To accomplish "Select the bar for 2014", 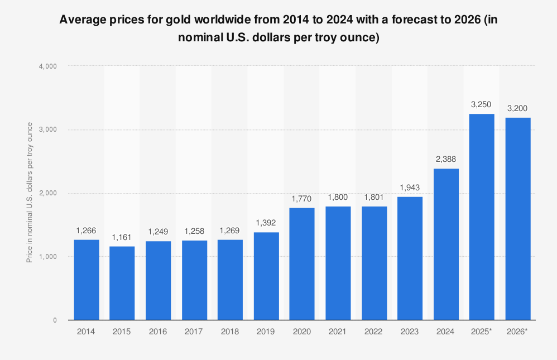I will (x=87, y=280).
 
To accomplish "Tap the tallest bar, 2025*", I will (x=482, y=217).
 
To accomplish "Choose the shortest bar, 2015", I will (x=122, y=283).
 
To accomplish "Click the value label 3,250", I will (x=482, y=105).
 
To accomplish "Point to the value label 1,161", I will (x=122, y=237).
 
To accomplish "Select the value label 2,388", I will (x=446, y=160).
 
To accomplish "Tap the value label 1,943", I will (x=410, y=188).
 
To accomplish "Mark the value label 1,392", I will (x=266, y=223).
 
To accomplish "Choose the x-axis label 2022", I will (x=374, y=332).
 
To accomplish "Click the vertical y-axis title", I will (x=29, y=193).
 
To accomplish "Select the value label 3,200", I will (x=517, y=108).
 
